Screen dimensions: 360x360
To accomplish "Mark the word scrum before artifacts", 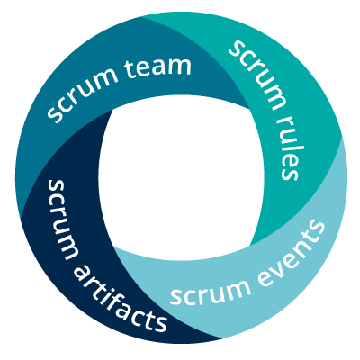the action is (60, 219).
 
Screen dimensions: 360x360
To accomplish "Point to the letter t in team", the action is (128, 70).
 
